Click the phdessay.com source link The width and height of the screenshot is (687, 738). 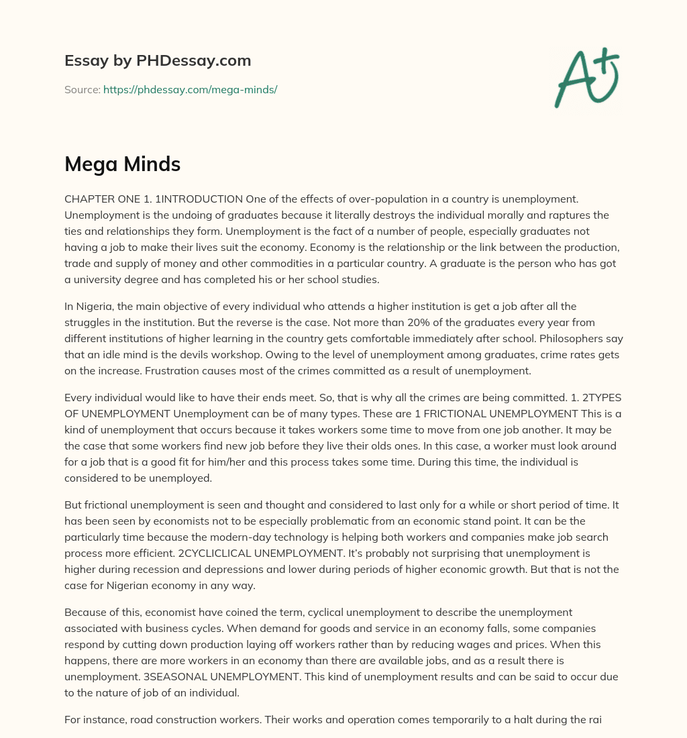pos(190,89)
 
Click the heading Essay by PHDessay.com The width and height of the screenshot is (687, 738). pos(158,61)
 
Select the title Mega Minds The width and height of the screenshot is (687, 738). pos(122,164)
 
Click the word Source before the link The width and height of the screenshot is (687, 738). pos(82,89)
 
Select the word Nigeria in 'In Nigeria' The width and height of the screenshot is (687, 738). pos(96,307)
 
